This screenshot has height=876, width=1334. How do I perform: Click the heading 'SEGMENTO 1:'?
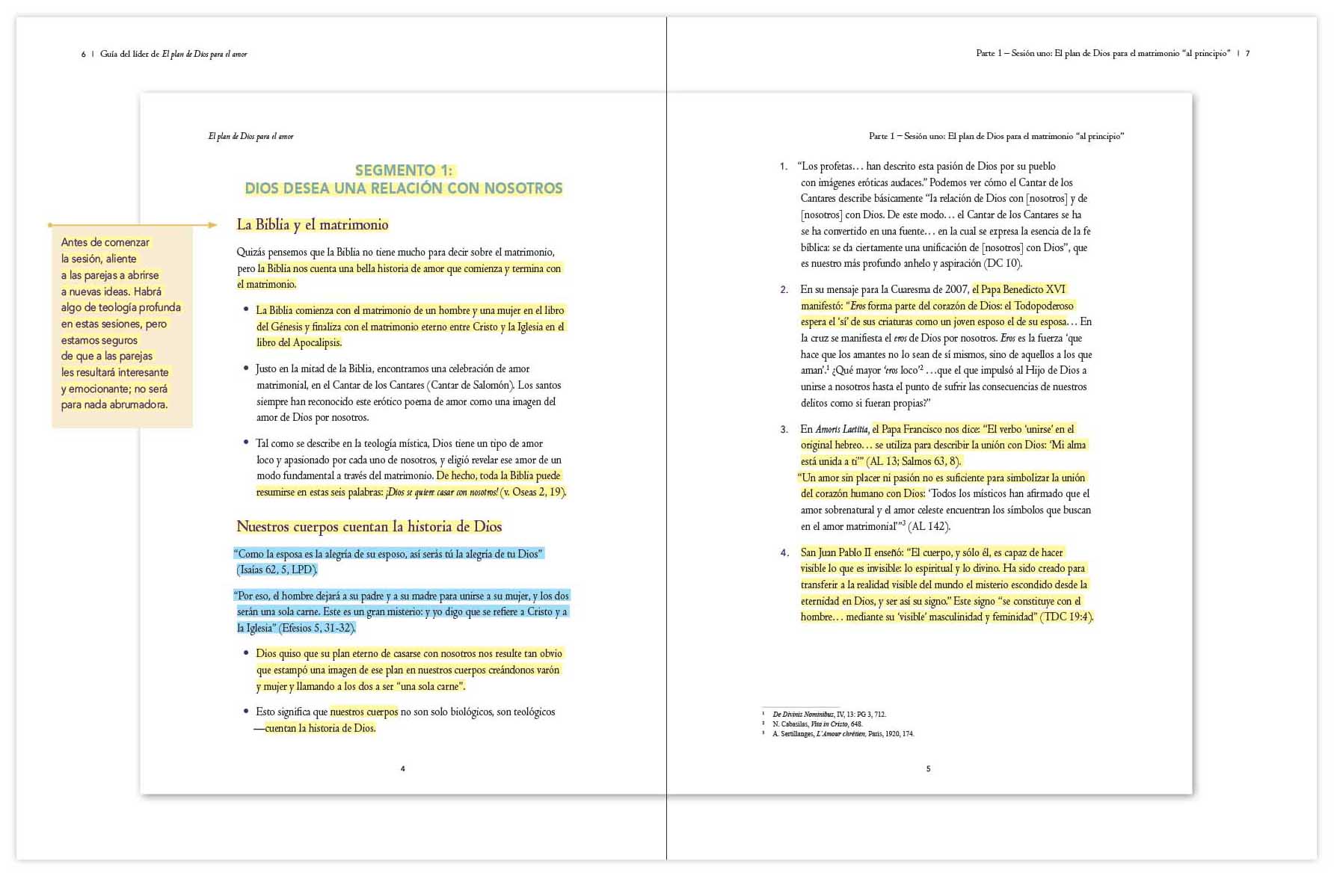click(x=404, y=170)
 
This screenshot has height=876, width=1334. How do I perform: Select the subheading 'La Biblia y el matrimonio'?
click(x=313, y=224)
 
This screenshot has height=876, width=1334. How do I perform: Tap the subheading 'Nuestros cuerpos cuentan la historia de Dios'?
click(x=369, y=526)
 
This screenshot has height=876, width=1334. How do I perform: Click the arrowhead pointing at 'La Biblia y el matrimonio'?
click(x=212, y=224)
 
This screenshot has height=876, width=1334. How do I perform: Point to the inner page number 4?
click(x=403, y=768)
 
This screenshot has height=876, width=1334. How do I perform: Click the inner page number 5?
click(x=929, y=768)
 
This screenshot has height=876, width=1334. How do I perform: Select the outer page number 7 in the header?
click(x=1247, y=54)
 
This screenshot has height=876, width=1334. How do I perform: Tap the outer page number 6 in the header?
click(x=83, y=55)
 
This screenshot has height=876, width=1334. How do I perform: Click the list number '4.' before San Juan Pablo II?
click(x=784, y=552)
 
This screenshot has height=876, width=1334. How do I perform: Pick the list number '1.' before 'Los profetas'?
click(x=784, y=166)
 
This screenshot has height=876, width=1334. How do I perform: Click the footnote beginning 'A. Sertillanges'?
click(x=843, y=733)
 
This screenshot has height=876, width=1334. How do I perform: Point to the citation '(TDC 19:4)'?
click(x=1066, y=617)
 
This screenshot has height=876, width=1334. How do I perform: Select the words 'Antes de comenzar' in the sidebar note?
click(x=105, y=242)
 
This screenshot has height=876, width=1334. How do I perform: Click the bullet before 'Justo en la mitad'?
click(x=246, y=368)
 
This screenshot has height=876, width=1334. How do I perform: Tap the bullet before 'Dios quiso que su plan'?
click(x=246, y=653)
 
